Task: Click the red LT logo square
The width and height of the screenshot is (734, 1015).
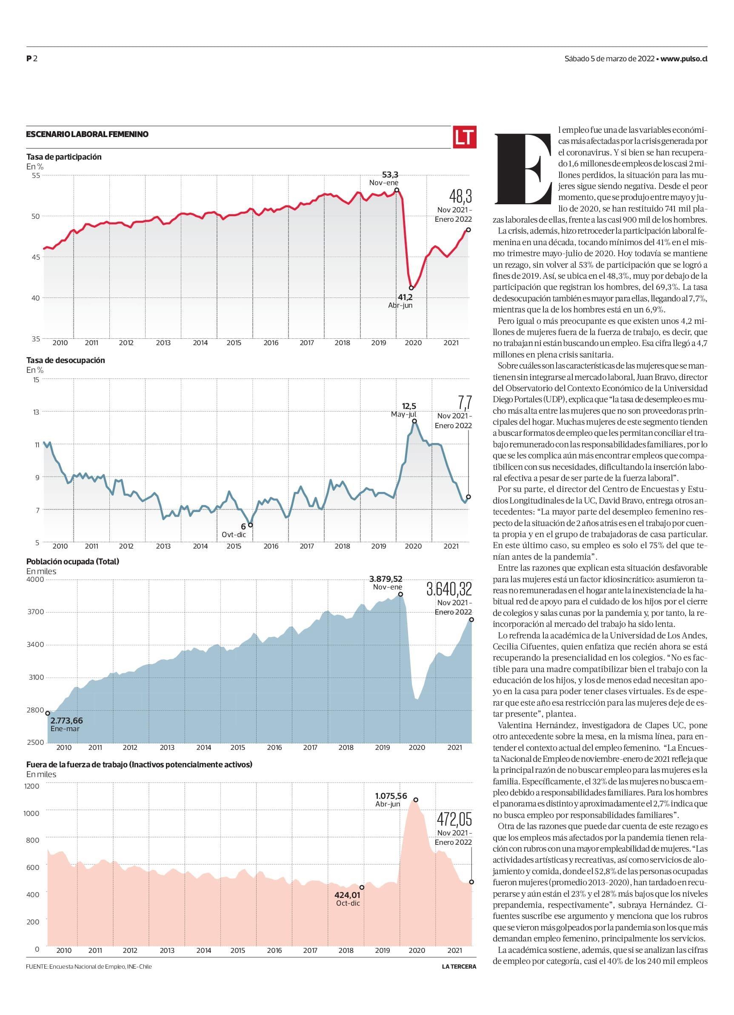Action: [x=464, y=137]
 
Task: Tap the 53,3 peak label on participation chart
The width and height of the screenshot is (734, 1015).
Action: [x=390, y=174]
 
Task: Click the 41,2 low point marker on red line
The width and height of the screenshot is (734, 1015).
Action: [x=411, y=288]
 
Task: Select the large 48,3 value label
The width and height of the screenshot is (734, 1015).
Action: [x=460, y=197]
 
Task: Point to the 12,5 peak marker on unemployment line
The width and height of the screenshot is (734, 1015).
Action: [x=414, y=420]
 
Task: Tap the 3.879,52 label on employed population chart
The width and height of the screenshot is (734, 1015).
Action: [x=386, y=578]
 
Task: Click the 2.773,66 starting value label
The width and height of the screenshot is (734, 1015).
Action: [x=67, y=721]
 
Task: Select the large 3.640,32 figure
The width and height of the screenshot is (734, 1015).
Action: [x=449, y=589]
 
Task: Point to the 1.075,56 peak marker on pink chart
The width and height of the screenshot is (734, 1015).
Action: [x=416, y=800]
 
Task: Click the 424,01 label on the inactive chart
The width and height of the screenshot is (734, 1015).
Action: [x=347, y=895]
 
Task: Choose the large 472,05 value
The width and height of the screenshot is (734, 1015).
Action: [x=454, y=819]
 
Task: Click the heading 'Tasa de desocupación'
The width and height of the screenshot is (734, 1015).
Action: [x=66, y=360]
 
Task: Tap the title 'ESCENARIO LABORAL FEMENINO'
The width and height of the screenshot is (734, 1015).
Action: [x=87, y=134]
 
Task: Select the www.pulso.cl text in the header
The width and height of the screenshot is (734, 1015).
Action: [x=683, y=59]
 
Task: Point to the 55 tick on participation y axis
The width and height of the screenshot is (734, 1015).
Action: [x=35, y=175]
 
